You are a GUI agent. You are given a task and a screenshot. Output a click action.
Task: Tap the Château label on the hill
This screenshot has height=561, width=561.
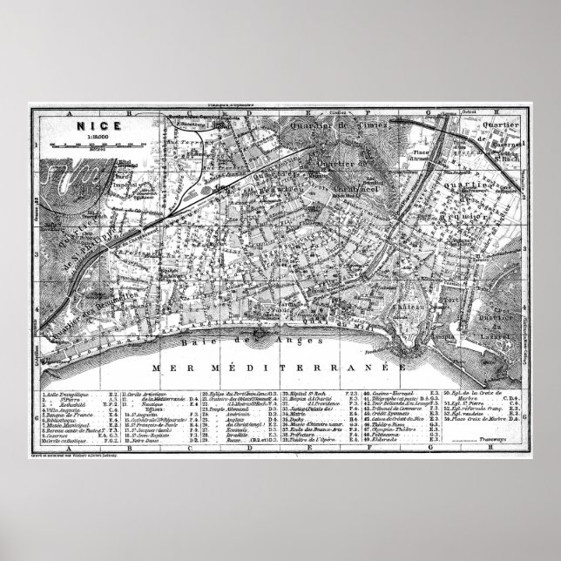413,308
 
